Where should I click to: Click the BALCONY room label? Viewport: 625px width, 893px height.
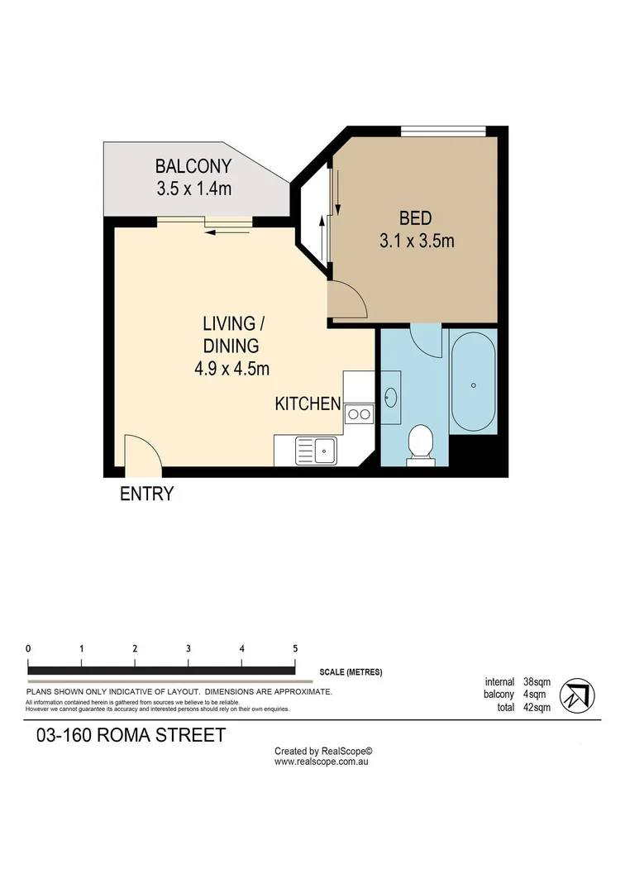193,165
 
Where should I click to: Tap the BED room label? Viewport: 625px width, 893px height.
415,218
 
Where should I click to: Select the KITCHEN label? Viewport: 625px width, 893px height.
308,404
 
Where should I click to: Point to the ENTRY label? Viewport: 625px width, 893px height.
146,494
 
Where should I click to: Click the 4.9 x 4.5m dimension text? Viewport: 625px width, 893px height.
231,369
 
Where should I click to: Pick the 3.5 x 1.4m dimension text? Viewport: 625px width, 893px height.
193,189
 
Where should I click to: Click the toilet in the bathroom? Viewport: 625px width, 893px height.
421,443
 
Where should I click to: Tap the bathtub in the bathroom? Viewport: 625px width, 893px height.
473,385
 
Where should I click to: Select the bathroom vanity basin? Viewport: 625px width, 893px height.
391,398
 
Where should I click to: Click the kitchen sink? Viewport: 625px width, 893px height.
317,451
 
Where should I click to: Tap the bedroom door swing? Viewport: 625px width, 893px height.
348,299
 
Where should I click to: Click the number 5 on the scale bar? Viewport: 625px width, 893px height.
295,649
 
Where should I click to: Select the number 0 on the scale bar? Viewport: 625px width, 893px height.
28,649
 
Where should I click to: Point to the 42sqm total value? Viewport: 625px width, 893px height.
539,708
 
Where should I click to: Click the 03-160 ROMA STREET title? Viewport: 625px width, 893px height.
131,735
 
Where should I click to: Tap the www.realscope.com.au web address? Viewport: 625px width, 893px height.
321,761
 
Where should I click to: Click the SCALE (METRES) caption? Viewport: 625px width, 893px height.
351,672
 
